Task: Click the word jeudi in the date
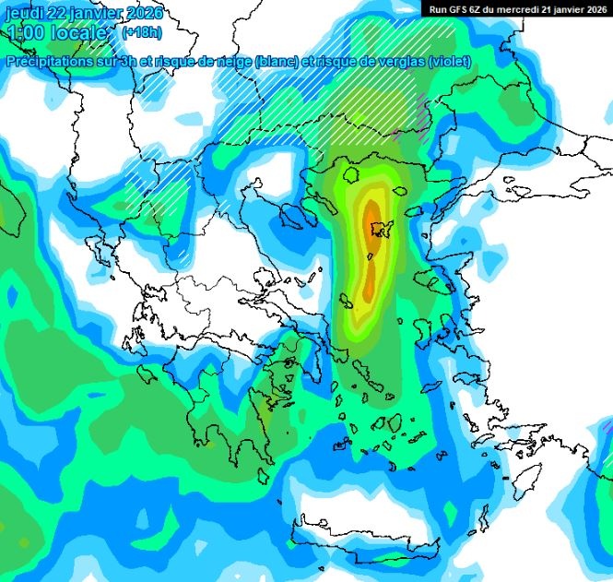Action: tap(25, 13)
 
